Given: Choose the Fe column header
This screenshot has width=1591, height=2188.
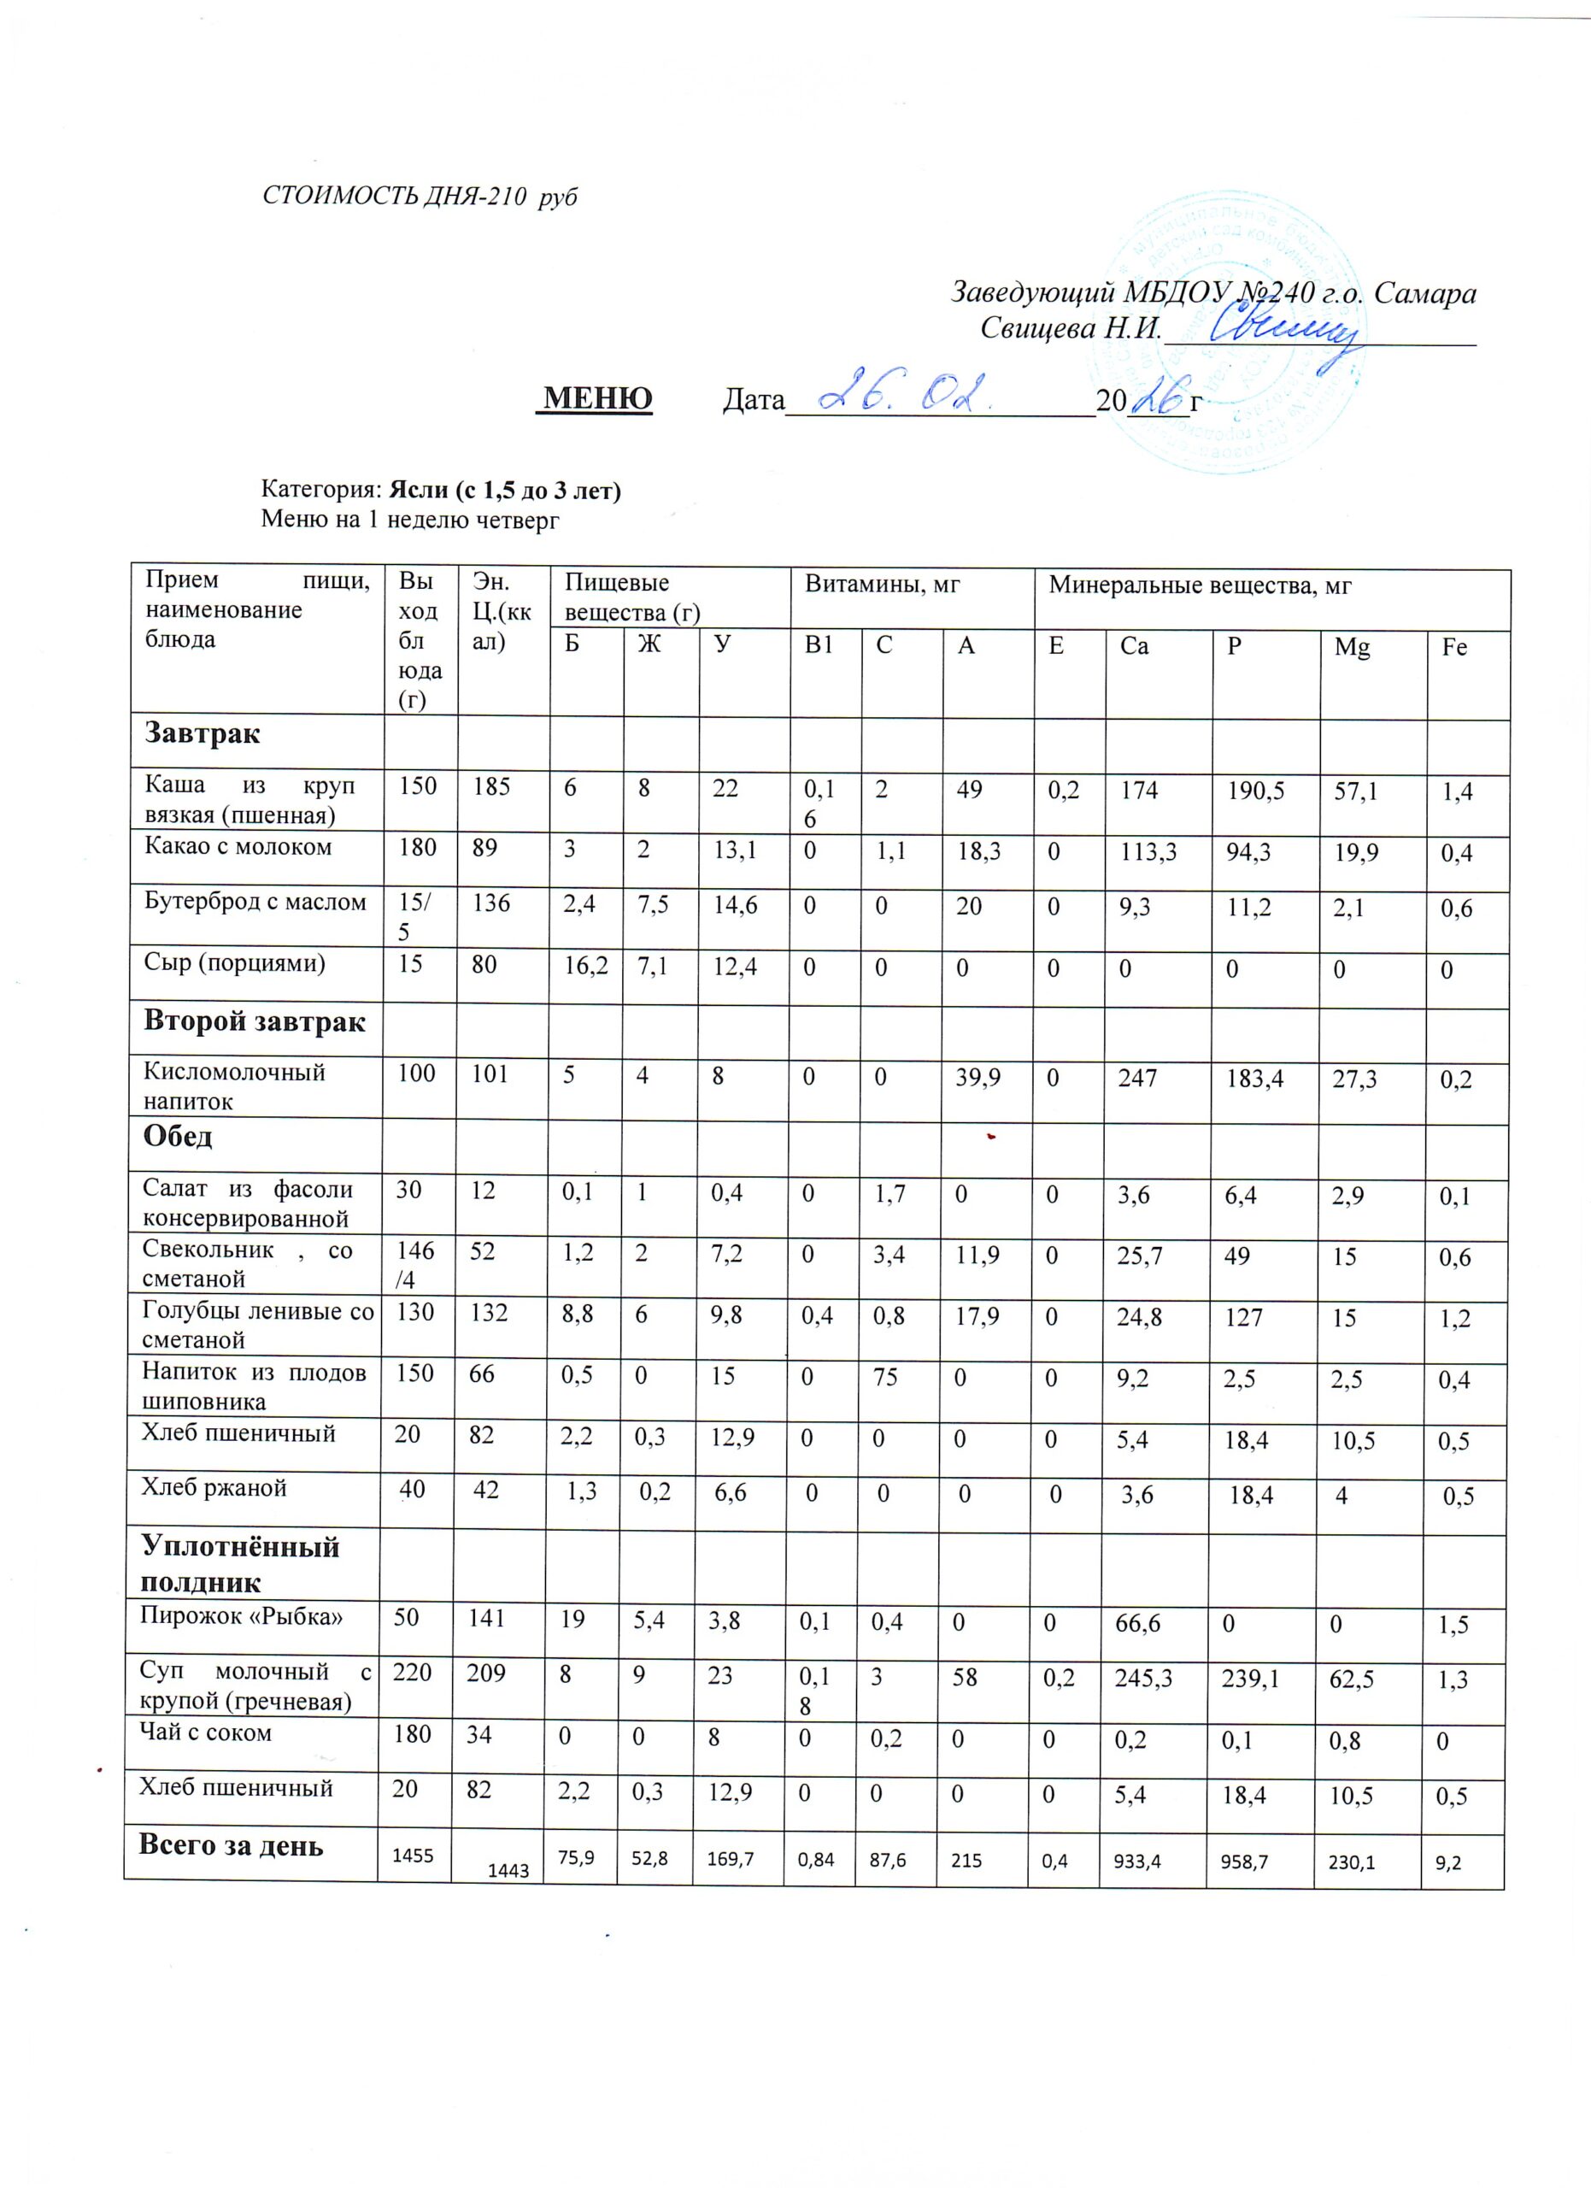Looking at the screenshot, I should tap(1453, 647).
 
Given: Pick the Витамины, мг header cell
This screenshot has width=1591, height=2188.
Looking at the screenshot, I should tap(883, 584).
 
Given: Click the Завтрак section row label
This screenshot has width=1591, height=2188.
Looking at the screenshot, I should tap(203, 734).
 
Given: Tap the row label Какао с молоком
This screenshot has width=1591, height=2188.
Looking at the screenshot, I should tap(238, 847).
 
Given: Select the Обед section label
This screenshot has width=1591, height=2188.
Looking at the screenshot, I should tap(179, 1137).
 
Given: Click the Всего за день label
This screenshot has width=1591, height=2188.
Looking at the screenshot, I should tap(232, 1845).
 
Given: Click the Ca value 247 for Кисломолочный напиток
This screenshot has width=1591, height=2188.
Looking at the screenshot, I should tap(1138, 1077).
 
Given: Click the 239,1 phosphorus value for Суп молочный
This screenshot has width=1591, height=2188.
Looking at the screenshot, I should tap(1251, 1679).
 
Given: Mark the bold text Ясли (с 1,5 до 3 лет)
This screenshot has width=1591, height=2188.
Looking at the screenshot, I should tap(504, 491).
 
